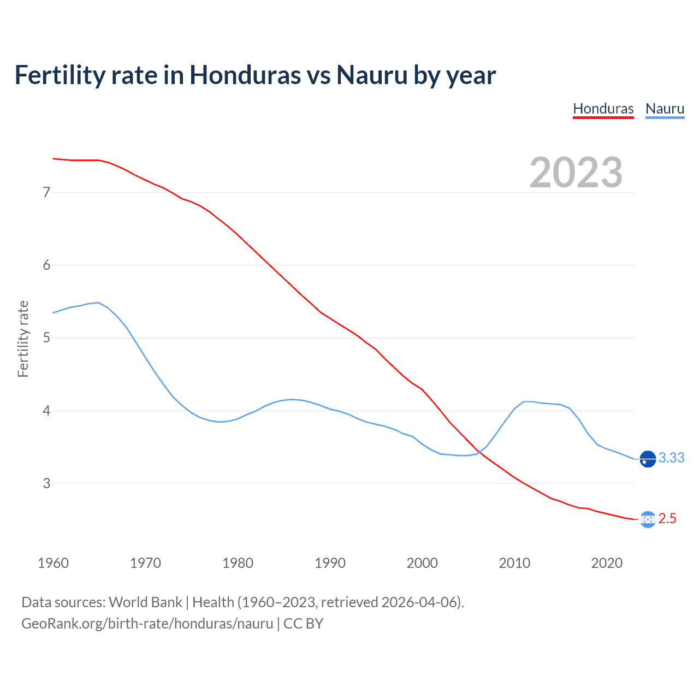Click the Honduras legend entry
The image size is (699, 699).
603,109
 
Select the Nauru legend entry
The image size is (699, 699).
665,109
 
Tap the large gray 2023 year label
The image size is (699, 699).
576,173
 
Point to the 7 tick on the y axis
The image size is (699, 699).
46,192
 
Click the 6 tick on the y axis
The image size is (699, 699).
46,265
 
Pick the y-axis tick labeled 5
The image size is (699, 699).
46,337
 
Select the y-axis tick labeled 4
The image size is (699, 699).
46,411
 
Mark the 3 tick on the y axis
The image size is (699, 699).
46,483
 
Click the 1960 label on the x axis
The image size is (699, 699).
53,563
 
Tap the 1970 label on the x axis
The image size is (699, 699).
145,563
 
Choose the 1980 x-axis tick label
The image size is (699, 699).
238,563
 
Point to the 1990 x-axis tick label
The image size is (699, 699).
330,563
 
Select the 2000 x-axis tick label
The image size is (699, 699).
422,563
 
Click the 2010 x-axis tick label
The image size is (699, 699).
514,563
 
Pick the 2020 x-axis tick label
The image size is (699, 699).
607,563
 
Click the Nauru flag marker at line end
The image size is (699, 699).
648,459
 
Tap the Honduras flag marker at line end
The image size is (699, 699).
648,519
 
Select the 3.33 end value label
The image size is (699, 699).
671,458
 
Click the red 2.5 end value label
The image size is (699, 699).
667,518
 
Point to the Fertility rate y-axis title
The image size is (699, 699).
23,339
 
